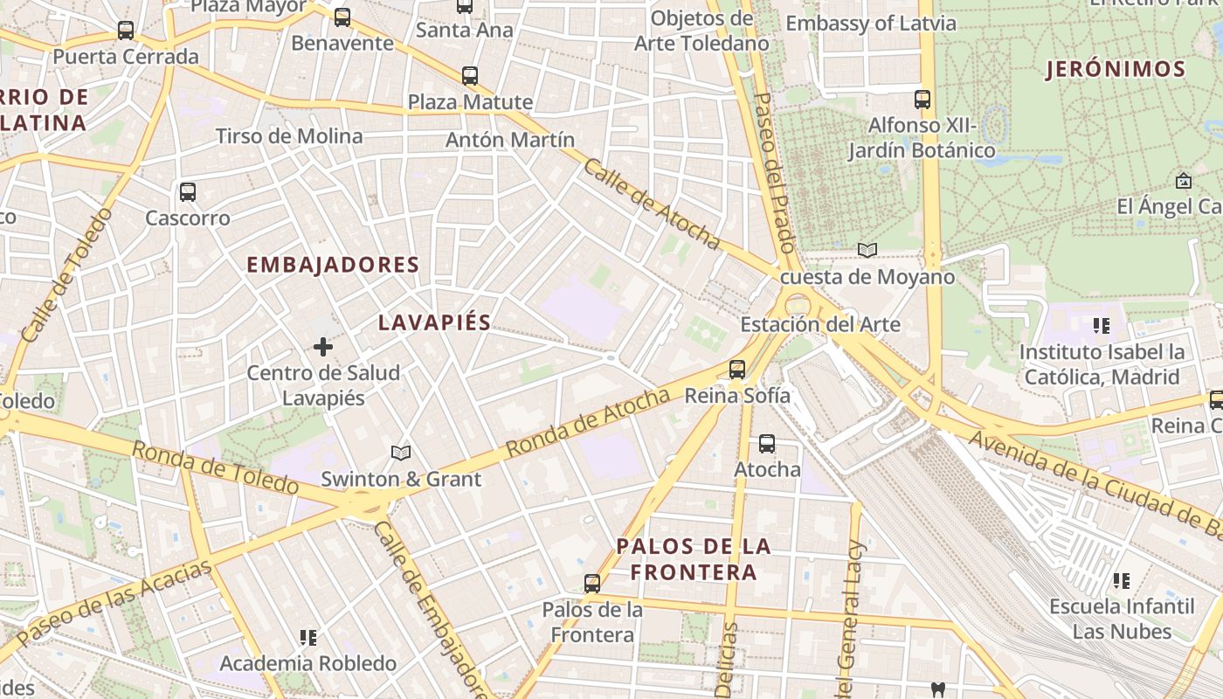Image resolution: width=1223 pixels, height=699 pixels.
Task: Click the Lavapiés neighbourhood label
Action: click(434, 322)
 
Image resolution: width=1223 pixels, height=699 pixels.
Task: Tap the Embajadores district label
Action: click(333, 265)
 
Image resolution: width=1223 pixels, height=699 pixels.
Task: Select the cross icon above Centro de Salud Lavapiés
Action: click(323, 347)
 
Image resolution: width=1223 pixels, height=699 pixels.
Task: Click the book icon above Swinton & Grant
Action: click(401, 453)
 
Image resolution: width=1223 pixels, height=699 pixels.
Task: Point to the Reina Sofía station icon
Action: click(737, 370)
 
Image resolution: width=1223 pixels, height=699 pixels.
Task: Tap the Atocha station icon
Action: click(767, 444)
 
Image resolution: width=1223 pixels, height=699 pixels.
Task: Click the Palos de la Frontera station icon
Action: click(592, 584)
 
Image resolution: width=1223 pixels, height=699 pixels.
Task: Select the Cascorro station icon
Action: click(188, 192)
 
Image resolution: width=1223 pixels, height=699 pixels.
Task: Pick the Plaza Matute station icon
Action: click(470, 76)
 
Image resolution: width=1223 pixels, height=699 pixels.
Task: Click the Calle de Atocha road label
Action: click(652, 204)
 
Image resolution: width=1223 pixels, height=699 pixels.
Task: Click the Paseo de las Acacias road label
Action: click(114, 603)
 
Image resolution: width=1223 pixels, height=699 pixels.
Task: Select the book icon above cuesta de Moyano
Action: click(867, 251)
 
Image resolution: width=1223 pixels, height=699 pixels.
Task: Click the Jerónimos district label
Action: click(1116, 70)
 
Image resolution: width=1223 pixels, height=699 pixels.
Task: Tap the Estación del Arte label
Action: click(819, 325)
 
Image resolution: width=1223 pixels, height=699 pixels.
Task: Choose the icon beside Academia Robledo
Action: click(307, 638)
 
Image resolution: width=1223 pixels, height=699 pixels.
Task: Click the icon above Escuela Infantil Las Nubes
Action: click(1122, 580)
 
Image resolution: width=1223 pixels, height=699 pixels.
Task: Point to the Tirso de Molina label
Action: click(289, 136)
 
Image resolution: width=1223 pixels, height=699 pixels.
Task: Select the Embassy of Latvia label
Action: click(871, 24)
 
